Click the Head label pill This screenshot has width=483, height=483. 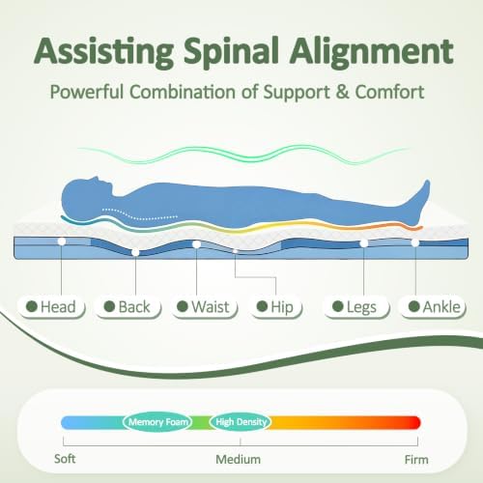[x=51, y=306]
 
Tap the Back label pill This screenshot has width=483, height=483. [x=128, y=306]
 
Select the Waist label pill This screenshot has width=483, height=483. [x=204, y=306]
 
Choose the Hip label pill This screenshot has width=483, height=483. [x=276, y=306]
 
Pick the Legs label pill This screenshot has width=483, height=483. [x=355, y=306]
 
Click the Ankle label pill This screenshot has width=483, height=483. [x=433, y=306]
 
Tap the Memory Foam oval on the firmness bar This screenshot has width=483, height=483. [x=157, y=422]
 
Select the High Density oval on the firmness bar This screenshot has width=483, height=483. [x=241, y=422]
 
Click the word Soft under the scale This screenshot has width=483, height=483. [x=65, y=459]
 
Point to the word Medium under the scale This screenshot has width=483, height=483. [x=239, y=460]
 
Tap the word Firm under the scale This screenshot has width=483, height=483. [x=416, y=460]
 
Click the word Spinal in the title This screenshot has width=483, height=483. [x=231, y=52]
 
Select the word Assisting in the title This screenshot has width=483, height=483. [x=103, y=52]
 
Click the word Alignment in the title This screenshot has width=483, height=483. [x=372, y=52]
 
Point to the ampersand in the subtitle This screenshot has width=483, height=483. [x=342, y=92]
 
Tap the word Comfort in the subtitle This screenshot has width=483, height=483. [x=389, y=92]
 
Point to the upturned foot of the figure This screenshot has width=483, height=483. [x=419, y=202]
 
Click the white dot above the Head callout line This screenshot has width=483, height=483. [x=62, y=241]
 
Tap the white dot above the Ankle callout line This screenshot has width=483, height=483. [x=415, y=242]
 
